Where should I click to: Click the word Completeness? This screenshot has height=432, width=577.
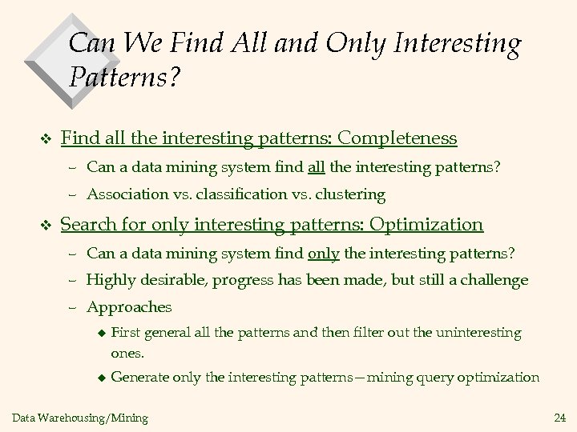click(397, 138)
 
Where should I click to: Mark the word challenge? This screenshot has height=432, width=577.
click(494, 280)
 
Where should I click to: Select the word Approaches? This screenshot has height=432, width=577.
click(129, 306)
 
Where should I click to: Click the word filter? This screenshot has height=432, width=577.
click(365, 331)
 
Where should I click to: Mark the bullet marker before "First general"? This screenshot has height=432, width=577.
click(100, 331)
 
